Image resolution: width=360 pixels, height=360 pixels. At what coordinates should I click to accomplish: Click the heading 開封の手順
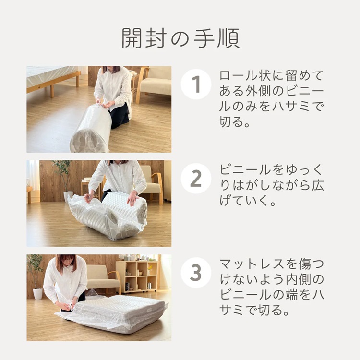click(x=180, y=38)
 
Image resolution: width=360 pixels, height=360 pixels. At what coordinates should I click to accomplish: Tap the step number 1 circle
click(x=196, y=84)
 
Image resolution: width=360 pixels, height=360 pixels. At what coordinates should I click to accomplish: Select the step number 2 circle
click(x=196, y=179)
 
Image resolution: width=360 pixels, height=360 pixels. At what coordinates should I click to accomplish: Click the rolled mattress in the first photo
click(x=91, y=130)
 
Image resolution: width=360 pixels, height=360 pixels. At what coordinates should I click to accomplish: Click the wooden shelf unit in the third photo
click(x=137, y=276)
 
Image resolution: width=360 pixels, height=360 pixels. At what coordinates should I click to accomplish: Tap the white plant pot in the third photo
click(x=37, y=293)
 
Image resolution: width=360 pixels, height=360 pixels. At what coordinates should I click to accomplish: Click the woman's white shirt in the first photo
click(x=113, y=89)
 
